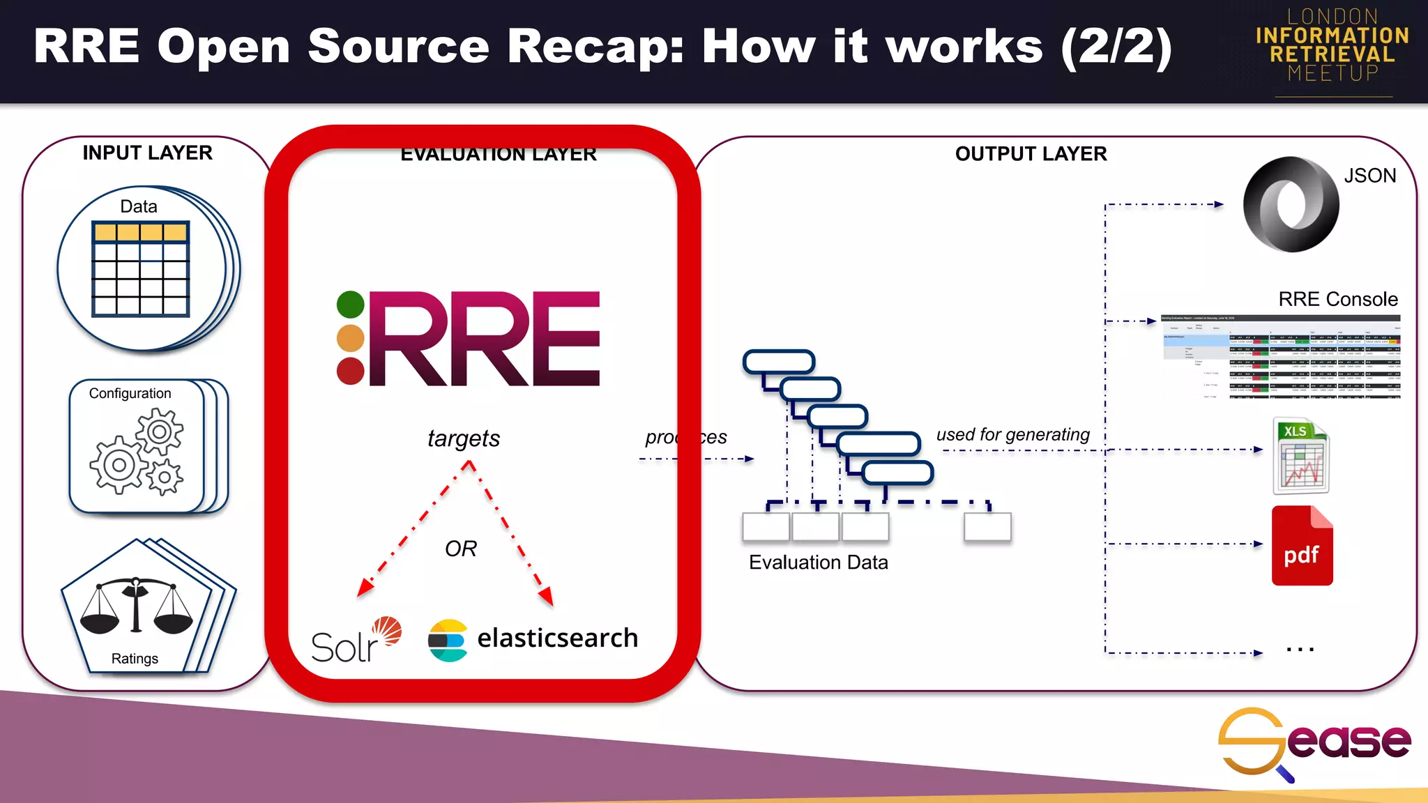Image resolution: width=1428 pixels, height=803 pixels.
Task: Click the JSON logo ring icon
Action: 1291,204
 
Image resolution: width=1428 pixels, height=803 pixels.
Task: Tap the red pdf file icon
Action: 1302,546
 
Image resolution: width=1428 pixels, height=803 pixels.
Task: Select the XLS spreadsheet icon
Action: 1301,456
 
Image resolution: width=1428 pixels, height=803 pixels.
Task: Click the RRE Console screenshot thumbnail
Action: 1280,356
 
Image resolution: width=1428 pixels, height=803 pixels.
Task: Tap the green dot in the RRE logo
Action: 350,305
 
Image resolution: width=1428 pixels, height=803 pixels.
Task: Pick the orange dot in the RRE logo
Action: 350,338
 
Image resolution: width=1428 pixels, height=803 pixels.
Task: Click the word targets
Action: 464,438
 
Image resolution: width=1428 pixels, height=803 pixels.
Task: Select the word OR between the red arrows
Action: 461,549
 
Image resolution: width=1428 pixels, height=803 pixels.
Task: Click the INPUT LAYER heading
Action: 147,153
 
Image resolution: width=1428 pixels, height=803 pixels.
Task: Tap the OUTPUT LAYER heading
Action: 1031,153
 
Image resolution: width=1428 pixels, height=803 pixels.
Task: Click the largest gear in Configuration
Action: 119,464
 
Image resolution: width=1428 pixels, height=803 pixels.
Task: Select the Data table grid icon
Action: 140,269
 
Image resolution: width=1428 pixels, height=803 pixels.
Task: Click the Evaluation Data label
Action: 818,563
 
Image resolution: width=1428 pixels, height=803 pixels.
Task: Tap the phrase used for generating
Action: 1012,434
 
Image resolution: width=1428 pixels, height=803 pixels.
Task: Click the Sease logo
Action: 1314,743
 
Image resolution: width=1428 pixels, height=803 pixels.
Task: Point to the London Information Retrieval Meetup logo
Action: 1332,46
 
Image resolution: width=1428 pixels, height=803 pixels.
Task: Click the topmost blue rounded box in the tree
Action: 779,362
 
